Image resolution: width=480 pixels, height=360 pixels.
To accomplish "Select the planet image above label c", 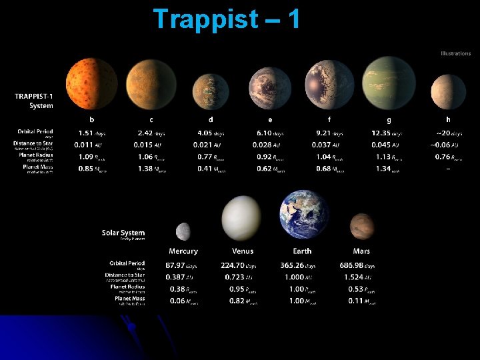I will [151, 84].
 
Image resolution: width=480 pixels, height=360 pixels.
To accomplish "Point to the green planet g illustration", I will [389, 83].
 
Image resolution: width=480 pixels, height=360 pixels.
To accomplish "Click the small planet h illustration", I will [448, 92].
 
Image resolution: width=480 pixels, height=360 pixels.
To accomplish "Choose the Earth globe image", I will [304, 215].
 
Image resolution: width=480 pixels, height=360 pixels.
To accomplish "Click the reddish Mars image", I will [361, 227].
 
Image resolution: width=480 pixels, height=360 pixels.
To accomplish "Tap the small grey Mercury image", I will [183, 231].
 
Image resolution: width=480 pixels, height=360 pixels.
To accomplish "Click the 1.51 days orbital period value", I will [90, 133].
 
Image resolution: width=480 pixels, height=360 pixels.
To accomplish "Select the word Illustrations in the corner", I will [455, 53].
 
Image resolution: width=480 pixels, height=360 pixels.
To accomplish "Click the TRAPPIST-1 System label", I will [34, 101].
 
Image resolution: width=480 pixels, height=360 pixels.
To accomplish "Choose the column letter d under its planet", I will [211, 119].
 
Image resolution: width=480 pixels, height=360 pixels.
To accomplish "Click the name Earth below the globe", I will [302, 251].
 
